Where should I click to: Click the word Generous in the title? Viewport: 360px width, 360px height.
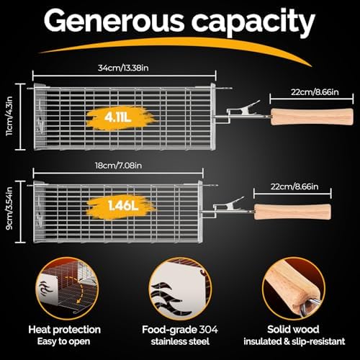point(114,21)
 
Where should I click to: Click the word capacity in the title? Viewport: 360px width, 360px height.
point(253,23)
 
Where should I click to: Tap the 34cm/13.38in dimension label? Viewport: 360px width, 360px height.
point(123,68)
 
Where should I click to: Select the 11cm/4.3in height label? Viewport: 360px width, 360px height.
point(9,116)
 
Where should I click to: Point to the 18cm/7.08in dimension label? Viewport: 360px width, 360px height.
point(118,166)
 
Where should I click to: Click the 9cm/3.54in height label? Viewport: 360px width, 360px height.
point(9,208)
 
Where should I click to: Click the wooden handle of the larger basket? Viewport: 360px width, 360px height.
point(312,117)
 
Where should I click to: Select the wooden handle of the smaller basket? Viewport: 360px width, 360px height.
point(292,212)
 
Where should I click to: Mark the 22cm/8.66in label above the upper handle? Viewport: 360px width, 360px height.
point(315,92)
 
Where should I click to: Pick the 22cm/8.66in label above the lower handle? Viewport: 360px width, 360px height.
point(294,186)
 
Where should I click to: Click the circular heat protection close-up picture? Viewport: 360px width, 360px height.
point(67,288)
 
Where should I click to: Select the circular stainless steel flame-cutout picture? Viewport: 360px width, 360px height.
point(180,288)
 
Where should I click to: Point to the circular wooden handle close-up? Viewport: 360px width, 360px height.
point(293,288)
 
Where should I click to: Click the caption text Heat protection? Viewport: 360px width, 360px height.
point(64,330)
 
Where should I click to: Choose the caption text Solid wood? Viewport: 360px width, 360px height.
point(293,329)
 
